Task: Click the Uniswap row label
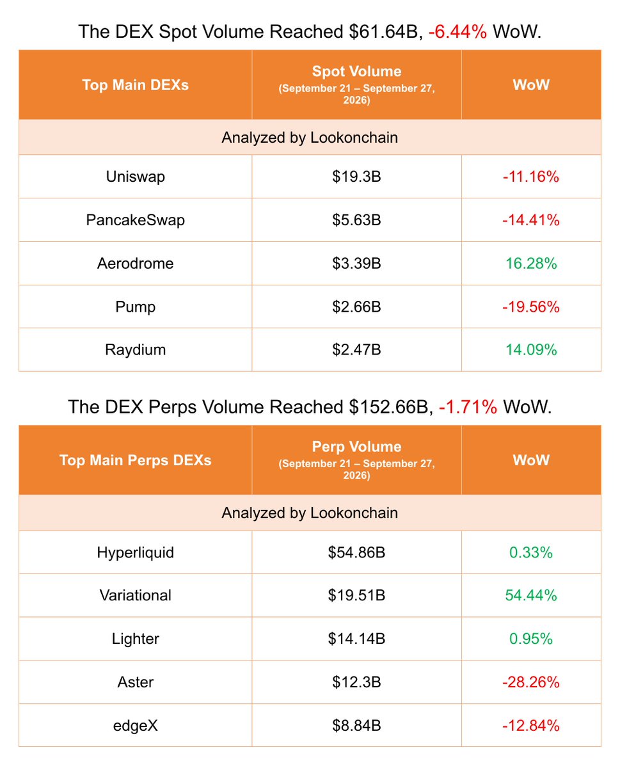click(x=135, y=177)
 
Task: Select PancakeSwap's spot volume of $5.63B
click(x=356, y=220)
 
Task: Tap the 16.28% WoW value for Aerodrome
click(x=531, y=263)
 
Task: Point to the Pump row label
click(x=135, y=307)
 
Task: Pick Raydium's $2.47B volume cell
click(x=356, y=349)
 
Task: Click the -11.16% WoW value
click(x=531, y=177)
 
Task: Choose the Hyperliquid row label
click(x=135, y=553)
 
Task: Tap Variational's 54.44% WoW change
click(x=531, y=595)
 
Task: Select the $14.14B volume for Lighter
click(x=356, y=639)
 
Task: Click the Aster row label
click(x=135, y=682)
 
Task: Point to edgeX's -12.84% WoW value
click(x=531, y=726)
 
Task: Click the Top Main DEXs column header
click(x=135, y=85)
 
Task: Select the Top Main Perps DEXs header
click(x=135, y=460)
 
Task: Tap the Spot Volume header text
click(x=356, y=71)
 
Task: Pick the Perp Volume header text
click(x=356, y=446)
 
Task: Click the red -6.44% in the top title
click(x=457, y=31)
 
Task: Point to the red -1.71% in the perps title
click(x=468, y=407)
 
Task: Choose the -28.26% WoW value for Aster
click(x=531, y=682)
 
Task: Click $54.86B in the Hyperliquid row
click(x=356, y=553)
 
